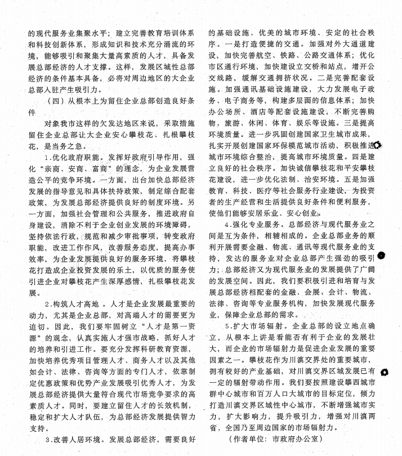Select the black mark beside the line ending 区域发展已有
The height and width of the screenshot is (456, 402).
[385, 372]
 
